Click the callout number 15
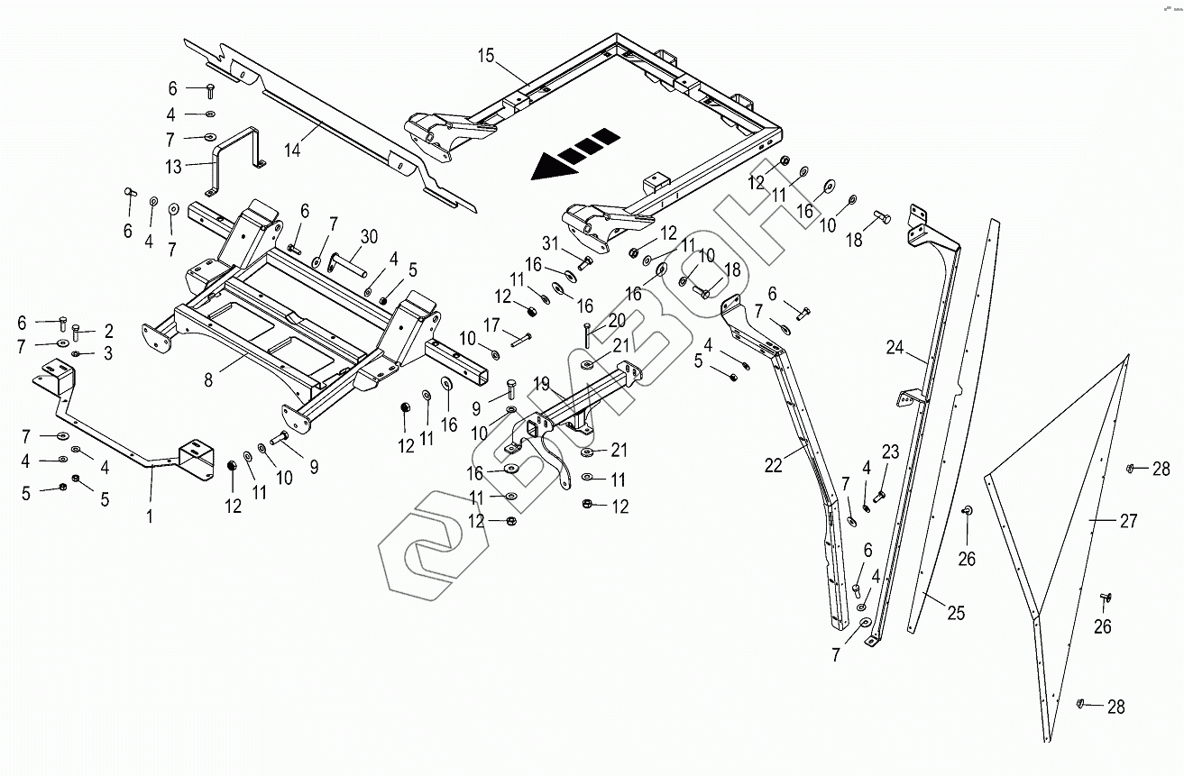pos(486,56)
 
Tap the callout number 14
pos(292,150)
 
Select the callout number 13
pos(173,167)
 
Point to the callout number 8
pos(208,379)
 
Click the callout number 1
pos(150,516)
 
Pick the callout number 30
pos(369,237)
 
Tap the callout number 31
pos(550,243)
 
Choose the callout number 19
pos(541,384)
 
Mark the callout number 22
pos(774,465)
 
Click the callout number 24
pos(895,348)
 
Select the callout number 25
pos(956,613)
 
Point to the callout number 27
pos(1128,521)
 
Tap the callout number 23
pos(890,452)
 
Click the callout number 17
pos(491,324)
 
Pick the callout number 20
pos(617,320)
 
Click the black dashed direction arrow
pos(575,153)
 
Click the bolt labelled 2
pos(76,333)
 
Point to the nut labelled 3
pos(76,353)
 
